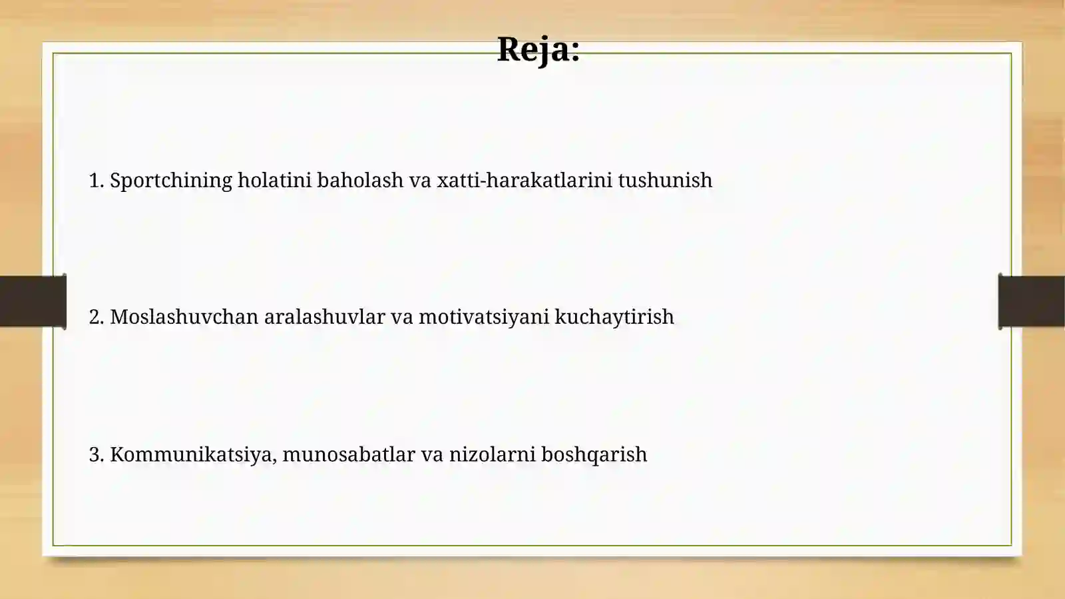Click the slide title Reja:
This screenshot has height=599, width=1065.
538,49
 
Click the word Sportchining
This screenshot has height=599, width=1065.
171,181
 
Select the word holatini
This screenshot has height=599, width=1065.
274,180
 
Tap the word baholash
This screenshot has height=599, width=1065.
360,180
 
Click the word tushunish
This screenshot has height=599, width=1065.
665,180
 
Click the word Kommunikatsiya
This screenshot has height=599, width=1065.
192,454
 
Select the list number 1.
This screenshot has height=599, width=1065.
96,181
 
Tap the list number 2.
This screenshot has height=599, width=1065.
96,317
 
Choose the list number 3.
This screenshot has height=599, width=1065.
96,454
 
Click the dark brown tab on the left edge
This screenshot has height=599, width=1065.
33,301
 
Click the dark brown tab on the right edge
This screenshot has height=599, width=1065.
1032,301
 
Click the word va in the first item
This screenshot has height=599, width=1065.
420,181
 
